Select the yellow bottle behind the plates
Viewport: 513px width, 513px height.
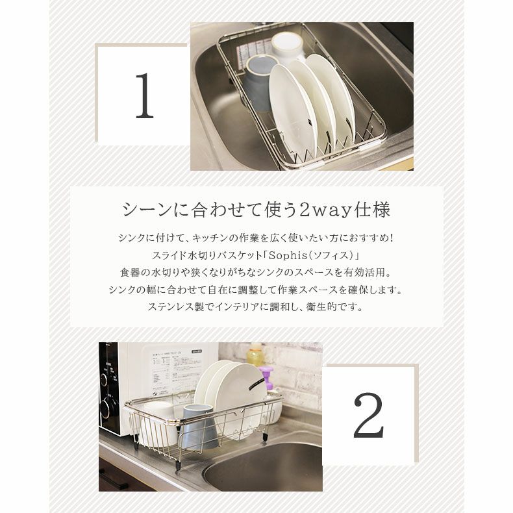coord(255,355)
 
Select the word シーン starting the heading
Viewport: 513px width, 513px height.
coord(140,210)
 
